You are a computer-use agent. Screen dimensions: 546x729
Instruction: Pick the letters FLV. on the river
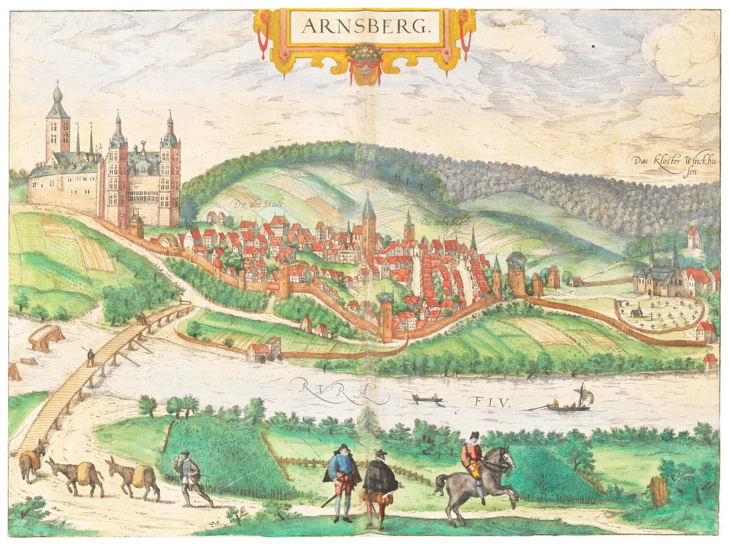point(492,402)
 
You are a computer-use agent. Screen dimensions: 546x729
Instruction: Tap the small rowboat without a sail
point(427,400)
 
